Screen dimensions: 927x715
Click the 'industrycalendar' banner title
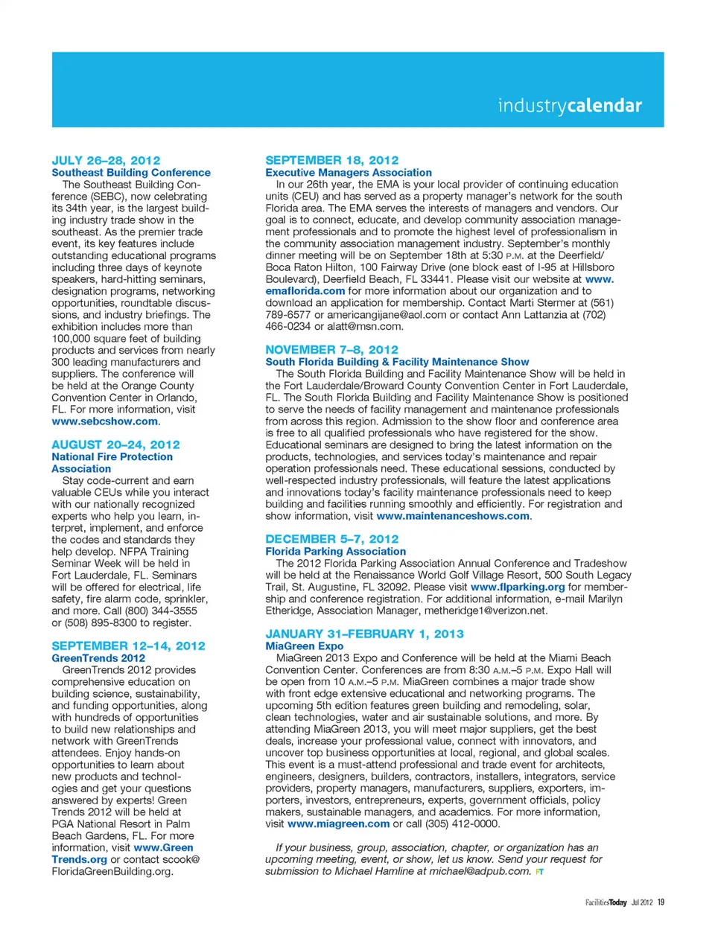(570, 106)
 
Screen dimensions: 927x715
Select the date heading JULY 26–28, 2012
(106, 160)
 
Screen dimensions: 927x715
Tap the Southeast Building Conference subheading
(131, 173)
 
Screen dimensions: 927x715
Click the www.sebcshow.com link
(104, 421)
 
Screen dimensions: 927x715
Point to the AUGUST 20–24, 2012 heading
(115, 445)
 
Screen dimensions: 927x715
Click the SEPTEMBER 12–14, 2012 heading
(128, 646)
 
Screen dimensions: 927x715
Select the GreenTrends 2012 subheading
(98, 658)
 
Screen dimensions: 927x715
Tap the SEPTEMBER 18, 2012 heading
(331, 160)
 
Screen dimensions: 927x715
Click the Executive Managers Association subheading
(349, 173)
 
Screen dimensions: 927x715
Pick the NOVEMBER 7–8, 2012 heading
(331, 349)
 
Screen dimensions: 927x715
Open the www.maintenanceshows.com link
(453, 516)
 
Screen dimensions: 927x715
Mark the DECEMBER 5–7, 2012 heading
(331, 538)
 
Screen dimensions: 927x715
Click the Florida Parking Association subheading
(336, 552)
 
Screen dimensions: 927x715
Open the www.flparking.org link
(518, 587)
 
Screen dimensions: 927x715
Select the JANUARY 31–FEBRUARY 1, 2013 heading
(364, 634)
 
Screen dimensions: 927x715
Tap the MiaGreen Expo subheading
(305, 646)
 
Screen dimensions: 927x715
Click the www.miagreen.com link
(338, 824)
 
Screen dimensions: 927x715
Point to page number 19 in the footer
(661, 902)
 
